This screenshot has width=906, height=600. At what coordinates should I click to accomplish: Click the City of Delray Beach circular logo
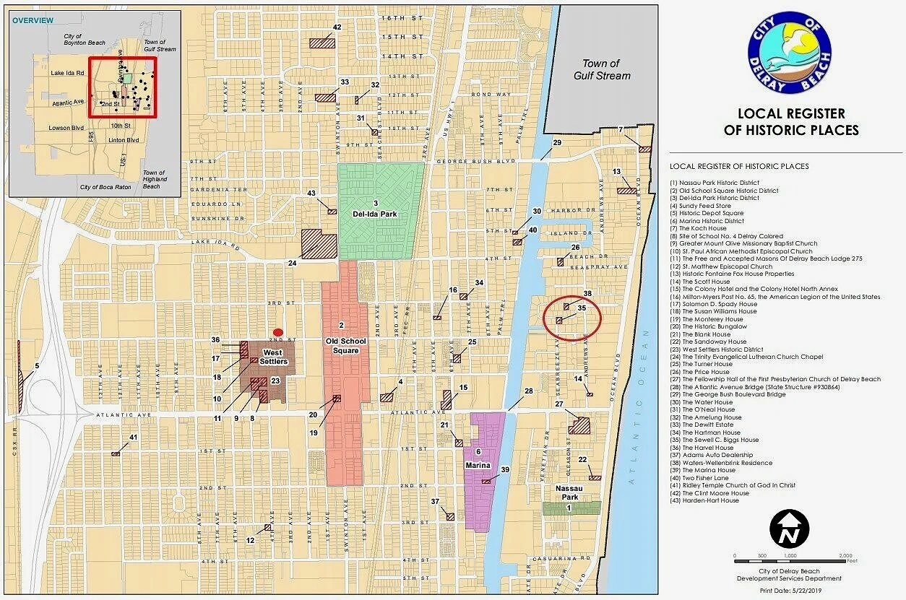tap(790, 52)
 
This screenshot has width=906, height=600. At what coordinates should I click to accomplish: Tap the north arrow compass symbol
tap(790, 529)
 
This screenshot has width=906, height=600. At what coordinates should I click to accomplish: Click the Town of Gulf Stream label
tap(602, 70)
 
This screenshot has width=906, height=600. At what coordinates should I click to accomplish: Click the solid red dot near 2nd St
tap(277, 331)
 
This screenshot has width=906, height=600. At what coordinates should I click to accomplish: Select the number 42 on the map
tap(337, 27)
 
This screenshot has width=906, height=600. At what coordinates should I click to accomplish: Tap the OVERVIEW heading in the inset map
tap(33, 20)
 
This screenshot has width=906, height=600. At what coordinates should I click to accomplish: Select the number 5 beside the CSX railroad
tap(36, 366)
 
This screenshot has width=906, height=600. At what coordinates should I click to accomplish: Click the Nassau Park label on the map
tap(570, 493)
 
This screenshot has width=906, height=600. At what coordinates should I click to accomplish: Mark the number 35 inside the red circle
tap(582, 308)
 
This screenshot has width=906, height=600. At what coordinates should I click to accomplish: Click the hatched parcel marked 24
tap(319, 244)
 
